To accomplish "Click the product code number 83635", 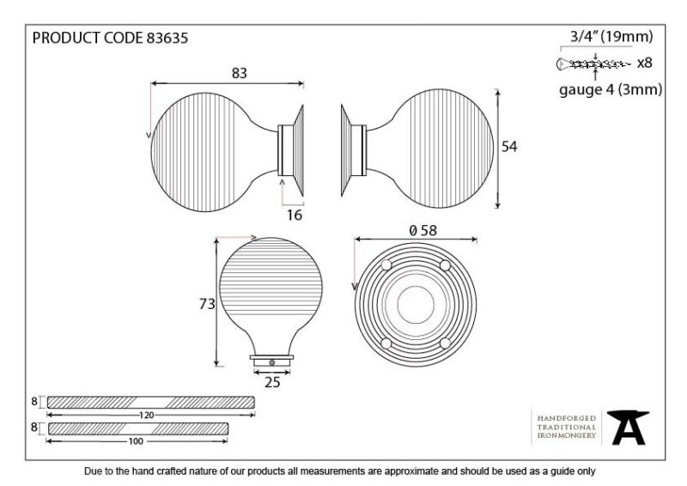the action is [167, 38].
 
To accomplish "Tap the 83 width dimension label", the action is [240, 73].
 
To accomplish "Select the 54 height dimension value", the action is [509, 146].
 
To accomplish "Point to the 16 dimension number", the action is [295, 215].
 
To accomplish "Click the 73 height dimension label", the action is [207, 304].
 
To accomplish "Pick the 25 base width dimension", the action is [272, 382].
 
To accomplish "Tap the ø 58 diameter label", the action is [423, 230].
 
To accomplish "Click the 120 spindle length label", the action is [146, 415].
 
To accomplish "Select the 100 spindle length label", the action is [136, 441].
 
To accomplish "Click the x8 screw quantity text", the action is [645, 63].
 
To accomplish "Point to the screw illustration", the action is [593, 64].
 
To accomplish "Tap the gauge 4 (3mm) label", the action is [611, 89].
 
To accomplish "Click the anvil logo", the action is [628, 428].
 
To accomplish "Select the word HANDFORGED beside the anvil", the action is [567, 418].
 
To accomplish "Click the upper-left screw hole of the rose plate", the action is [386, 265].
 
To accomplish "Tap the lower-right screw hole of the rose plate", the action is [445, 343].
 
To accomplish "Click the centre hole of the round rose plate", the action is [416, 305].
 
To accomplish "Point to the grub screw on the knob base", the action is [272, 362].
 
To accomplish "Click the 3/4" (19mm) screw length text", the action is [611, 36].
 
